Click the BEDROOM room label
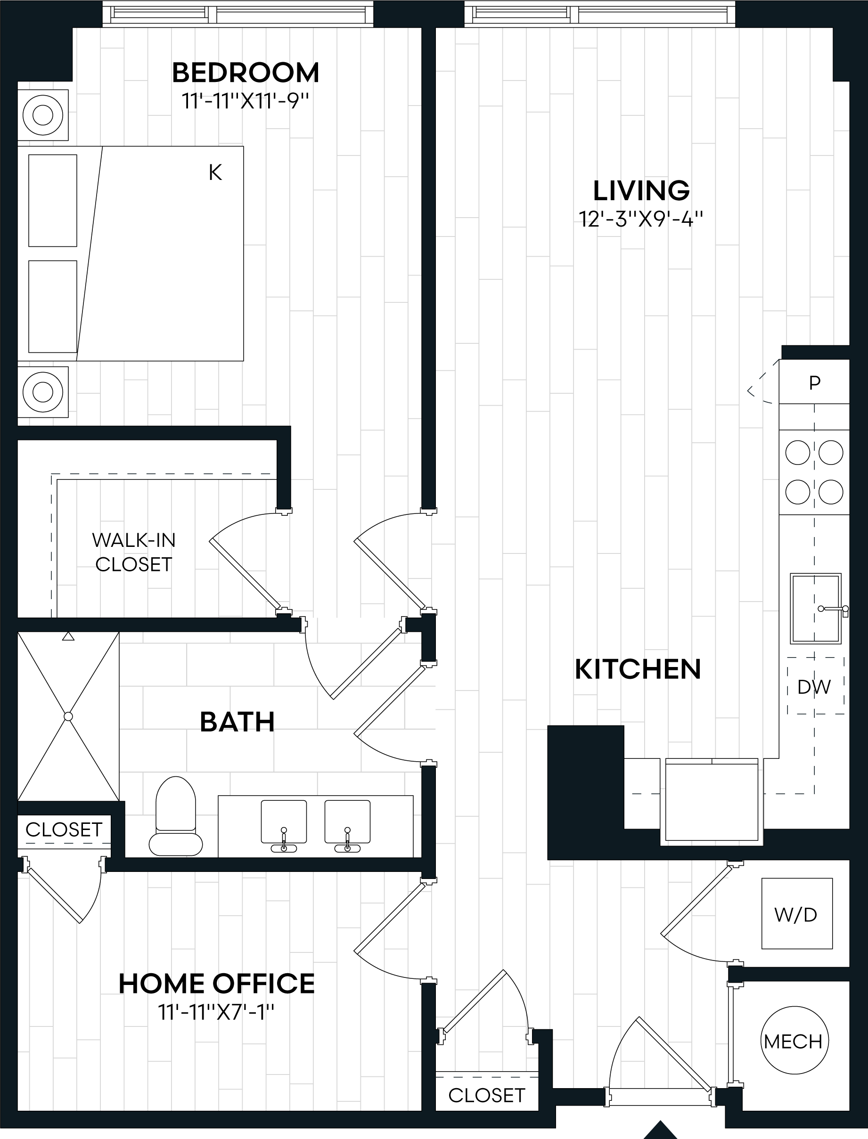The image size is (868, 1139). coord(246,73)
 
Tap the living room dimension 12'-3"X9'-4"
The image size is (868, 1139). coord(641,220)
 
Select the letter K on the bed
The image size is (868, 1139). coord(215,172)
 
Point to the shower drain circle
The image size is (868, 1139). coord(68,716)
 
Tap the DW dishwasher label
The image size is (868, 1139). coord(814,687)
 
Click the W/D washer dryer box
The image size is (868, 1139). coord(797,915)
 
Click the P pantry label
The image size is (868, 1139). coord(815,383)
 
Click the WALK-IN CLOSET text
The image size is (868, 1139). coord(134,552)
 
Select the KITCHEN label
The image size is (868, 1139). coord(638,669)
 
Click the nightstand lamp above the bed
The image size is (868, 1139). coord(43,114)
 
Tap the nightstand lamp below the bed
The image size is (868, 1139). coord(43,392)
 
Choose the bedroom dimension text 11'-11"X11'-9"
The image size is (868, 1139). coord(245,101)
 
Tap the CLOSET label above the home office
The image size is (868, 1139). coord(64,830)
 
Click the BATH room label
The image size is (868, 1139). coord(237,722)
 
